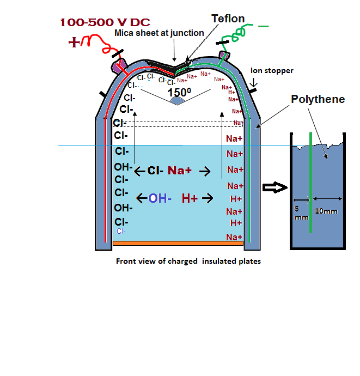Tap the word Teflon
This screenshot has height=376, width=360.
228,19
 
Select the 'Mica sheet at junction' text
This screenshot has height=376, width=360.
159,33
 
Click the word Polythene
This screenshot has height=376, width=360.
318,99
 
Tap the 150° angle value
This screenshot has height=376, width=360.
179,93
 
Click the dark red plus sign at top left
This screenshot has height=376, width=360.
74,42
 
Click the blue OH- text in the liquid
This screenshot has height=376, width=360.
160,199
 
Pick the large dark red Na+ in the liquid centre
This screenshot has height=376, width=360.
179,171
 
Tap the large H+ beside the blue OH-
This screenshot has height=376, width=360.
190,199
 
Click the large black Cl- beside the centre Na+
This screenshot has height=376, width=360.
154,171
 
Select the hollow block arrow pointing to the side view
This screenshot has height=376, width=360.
274,187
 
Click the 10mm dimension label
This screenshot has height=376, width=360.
326,211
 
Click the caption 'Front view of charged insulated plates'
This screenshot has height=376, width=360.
188,261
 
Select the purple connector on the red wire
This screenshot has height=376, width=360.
118,66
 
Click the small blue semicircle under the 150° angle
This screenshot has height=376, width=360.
178,102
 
